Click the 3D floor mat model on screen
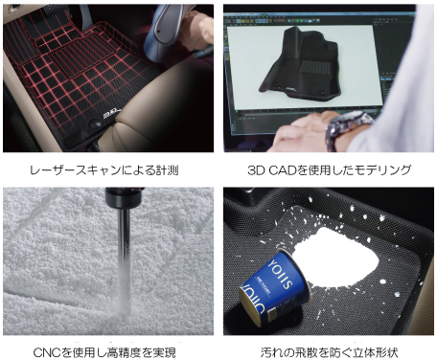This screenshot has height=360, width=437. coord(300,64)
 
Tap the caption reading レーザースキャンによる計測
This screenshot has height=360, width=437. coord(104,170)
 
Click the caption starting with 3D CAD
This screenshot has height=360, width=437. coord(330,170)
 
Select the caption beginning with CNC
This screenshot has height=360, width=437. coord(104,352)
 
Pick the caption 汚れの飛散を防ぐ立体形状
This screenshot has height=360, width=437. coord(330,352)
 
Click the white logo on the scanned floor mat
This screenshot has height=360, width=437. coord(112,114)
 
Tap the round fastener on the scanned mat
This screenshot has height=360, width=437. coord(95,124)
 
